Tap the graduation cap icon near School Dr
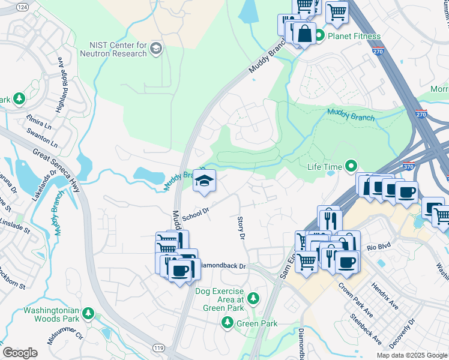point(204,182)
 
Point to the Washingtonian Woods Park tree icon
point(88,313)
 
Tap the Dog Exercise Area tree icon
point(253,298)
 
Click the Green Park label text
point(256,323)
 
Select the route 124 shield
point(22,7)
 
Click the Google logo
point(20,353)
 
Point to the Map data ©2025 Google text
point(411,355)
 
